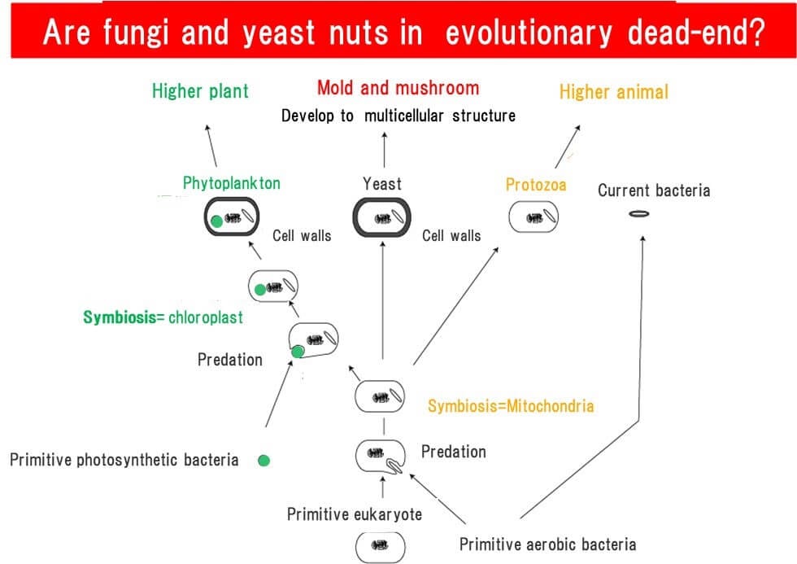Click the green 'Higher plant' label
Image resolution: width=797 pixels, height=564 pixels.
[x=200, y=90]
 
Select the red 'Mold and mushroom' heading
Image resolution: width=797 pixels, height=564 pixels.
[x=398, y=88]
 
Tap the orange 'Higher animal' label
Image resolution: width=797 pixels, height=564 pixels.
[x=613, y=92]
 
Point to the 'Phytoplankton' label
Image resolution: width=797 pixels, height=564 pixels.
[x=231, y=183]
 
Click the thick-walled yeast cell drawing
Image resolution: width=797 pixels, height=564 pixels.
[x=382, y=218]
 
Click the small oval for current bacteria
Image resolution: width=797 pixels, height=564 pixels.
[x=640, y=214]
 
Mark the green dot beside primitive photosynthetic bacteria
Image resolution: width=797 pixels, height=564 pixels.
[x=263, y=461]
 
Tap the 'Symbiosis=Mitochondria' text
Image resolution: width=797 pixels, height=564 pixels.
[x=511, y=405]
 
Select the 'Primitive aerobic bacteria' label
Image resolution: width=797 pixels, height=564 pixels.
[x=547, y=544]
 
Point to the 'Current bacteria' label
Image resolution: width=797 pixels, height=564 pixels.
[x=653, y=190]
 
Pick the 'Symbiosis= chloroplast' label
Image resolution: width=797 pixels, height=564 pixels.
[x=163, y=317]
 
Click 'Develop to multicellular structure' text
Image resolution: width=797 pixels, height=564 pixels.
[x=398, y=116]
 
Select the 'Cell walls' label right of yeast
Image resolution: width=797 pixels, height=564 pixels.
[x=451, y=236]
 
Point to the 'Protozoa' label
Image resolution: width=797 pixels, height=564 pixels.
[x=535, y=185]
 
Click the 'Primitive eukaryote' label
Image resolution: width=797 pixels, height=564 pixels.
[x=355, y=514]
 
